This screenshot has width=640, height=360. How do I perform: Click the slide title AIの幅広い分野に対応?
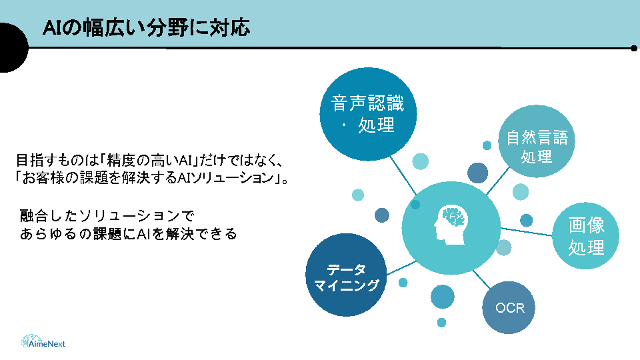[x=146, y=28]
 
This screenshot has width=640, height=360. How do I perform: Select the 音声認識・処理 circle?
[x=368, y=114]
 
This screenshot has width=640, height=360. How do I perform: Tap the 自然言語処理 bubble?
[x=536, y=141]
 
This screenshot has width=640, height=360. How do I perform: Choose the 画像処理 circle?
[x=586, y=235]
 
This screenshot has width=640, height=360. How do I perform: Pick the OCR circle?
[x=509, y=307]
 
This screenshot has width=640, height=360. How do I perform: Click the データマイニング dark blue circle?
[x=346, y=275]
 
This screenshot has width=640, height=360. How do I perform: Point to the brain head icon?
[x=451, y=225]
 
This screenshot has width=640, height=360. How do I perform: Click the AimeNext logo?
[x=43, y=341]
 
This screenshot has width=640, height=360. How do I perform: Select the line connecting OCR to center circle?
[x=481, y=279]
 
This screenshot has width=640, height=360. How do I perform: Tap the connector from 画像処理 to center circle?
[x=527, y=232]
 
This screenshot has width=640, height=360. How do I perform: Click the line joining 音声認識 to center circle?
[x=403, y=175]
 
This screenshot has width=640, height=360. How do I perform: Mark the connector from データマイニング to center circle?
[x=401, y=268]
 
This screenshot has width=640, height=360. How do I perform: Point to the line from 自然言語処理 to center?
[x=498, y=181]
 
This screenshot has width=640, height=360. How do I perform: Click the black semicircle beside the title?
[x=14, y=48]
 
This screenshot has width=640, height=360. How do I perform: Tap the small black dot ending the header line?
[x=634, y=48]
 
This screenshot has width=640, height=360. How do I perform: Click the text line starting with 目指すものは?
[x=149, y=161]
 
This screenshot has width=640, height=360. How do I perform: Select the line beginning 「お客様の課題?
[x=151, y=178]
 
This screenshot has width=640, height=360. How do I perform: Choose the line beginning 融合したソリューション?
[x=107, y=215]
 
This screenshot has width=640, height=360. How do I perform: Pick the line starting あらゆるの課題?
[x=128, y=234]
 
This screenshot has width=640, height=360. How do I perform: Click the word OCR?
[x=510, y=308]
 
